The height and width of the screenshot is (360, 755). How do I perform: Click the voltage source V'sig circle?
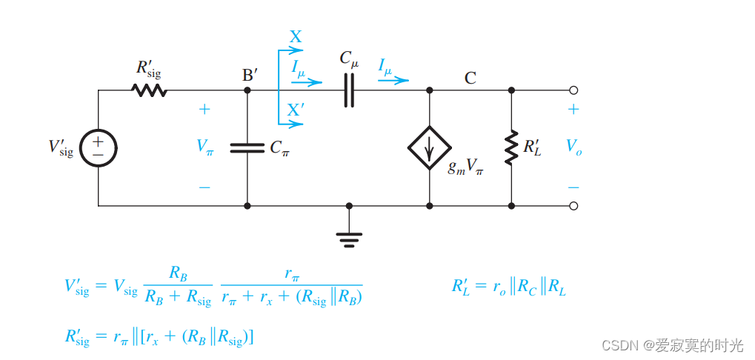tap(98, 147)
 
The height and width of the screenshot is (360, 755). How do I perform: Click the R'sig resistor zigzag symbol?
tap(149, 90)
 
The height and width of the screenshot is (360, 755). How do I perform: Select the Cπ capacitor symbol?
tap(247, 147)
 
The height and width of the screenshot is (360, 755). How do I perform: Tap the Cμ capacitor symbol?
tap(349, 90)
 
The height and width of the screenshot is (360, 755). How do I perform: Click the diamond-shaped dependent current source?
tap(430, 147)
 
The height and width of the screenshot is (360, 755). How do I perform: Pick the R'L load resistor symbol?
tap(511, 147)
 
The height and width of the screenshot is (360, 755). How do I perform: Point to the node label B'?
tap(250, 76)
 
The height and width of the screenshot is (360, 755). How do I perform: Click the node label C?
tap(470, 77)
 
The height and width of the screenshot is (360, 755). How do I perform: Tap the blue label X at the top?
tap(296, 37)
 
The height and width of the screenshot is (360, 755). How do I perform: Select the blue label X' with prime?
tap(296, 110)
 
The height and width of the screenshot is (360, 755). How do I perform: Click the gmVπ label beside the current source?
tap(465, 167)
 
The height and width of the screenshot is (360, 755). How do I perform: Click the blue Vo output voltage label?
tap(573, 147)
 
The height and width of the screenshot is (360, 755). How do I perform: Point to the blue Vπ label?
tap(205, 147)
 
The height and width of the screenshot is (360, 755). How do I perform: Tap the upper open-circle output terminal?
tap(573, 90)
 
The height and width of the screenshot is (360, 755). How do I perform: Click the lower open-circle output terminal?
tap(573, 206)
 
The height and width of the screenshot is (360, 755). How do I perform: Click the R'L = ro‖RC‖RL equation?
tap(509, 287)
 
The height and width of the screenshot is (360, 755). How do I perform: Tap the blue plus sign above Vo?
tap(573, 110)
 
